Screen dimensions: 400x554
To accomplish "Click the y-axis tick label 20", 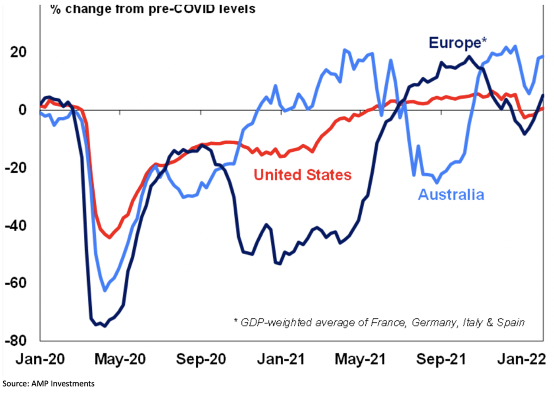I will coord(19,52).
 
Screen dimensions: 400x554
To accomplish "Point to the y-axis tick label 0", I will coord(23,110).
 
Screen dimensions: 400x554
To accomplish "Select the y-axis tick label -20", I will coord(16,168).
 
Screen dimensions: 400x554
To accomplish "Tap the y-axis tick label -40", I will coord(16,225).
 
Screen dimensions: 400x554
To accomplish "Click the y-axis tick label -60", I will coord(16,283).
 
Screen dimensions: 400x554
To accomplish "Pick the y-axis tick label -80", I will coord(16,341).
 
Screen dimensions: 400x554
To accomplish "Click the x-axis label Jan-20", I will coord(40,359).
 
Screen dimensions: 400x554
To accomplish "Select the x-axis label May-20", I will coord(120,359).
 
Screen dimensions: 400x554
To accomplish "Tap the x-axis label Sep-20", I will coord(201,359).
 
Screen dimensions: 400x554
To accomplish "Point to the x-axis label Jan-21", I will coord(281,359).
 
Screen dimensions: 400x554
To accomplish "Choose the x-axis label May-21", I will coord(360,359).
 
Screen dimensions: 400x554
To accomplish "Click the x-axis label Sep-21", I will coord(441,359).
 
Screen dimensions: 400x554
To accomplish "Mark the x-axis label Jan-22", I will coord(522,359).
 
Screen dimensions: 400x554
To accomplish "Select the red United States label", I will coord(303,175).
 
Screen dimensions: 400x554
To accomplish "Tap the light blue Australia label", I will coord(451,195).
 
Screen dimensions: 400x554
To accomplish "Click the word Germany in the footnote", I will coord(434,322).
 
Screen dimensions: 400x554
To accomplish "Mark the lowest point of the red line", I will coord(109,237).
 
